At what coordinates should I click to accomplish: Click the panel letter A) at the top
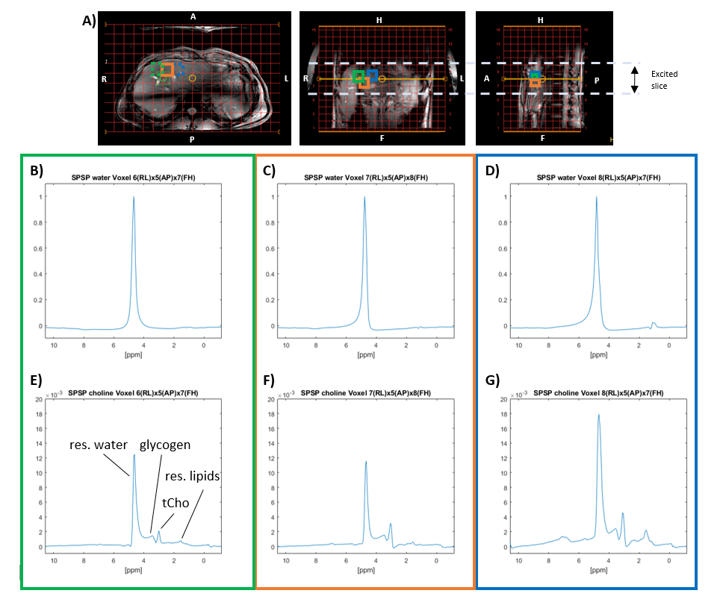click(x=89, y=21)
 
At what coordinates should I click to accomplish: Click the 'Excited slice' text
click(x=664, y=79)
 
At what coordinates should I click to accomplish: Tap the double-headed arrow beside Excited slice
click(x=634, y=79)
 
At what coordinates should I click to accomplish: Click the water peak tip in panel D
click(x=596, y=198)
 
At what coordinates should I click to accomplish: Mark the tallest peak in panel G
click(x=598, y=416)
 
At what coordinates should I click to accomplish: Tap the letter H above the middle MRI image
click(x=379, y=20)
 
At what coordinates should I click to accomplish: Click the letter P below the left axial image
click(x=192, y=139)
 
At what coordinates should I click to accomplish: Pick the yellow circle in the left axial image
click(x=193, y=78)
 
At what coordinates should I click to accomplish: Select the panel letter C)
click(x=271, y=171)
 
